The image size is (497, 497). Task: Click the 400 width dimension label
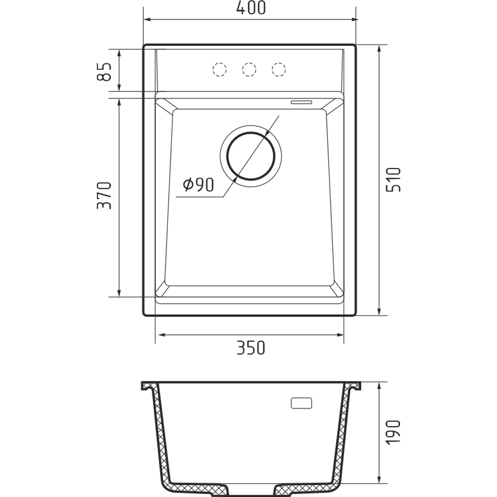coord(250,7)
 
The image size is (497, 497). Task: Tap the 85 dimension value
coord(104,72)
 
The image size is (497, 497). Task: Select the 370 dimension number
coord(104,195)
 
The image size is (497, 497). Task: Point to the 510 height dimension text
coord(393,180)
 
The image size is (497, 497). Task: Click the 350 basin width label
coord(250,348)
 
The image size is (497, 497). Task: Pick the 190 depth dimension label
coord(393,433)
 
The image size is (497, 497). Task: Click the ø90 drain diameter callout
coord(198,185)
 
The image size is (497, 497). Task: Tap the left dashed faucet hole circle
coord(219,70)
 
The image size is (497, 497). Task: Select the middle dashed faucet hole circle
coord(249,70)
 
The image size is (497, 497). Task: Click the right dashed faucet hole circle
coord(279,70)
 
